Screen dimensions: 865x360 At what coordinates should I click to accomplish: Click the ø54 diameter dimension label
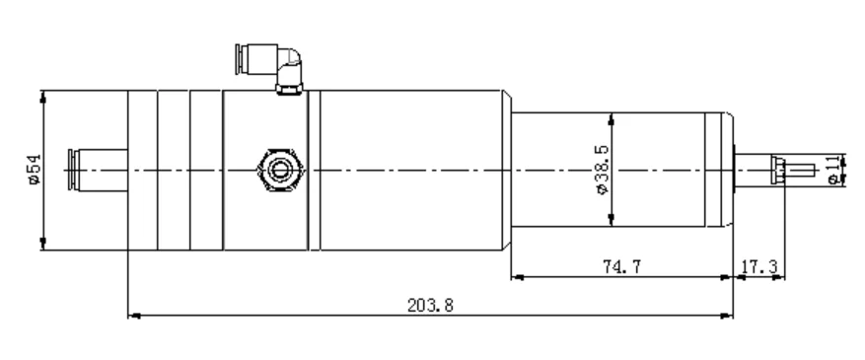pyautogui.click(x=35, y=170)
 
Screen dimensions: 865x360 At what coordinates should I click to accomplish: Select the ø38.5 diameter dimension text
pyautogui.click(x=602, y=170)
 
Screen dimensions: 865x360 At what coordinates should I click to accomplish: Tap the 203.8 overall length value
pyautogui.click(x=430, y=305)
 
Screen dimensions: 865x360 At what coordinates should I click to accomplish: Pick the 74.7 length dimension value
pyautogui.click(x=621, y=267)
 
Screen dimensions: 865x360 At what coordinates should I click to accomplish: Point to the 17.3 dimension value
pyautogui.click(x=758, y=267)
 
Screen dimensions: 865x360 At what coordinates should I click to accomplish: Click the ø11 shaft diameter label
pyautogui.click(x=835, y=170)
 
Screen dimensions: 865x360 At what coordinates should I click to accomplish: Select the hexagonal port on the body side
pyautogui.click(x=280, y=170)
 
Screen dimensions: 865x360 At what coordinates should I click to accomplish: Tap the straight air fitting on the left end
pyautogui.click(x=97, y=170)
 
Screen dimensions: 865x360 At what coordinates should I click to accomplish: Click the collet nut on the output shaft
pyautogui.click(x=778, y=171)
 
